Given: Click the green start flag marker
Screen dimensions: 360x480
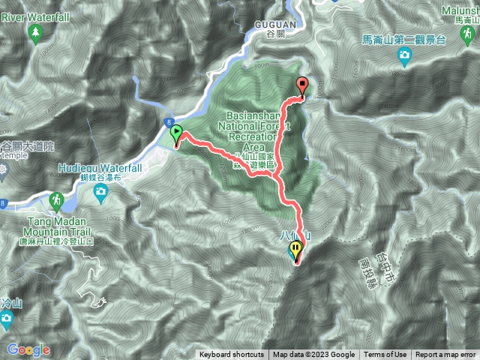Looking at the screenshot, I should pyautogui.click(x=177, y=135).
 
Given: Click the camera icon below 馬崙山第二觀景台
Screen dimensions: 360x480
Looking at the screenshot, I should pyautogui.click(x=404, y=54).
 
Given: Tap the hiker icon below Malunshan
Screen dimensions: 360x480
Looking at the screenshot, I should pyautogui.click(x=467, y=34).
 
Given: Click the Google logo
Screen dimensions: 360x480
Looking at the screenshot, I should pyautogui.click(x=28, y=349).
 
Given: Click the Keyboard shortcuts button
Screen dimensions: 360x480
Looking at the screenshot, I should pyautogui.click(x=231, y=355).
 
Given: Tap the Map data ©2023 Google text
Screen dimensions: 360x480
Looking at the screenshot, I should pyautogui.click(x=313, y=355).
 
